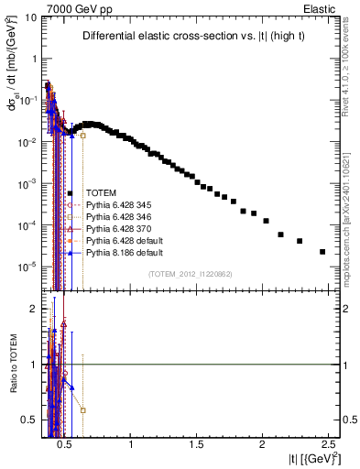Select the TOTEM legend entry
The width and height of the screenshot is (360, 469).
[101, 193]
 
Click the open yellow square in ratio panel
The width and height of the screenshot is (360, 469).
[83, 410]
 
